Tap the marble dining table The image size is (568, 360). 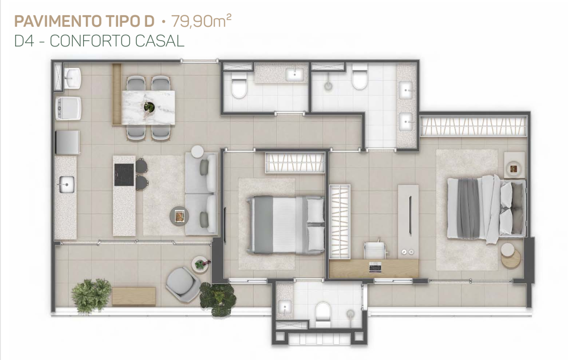[x=148, y=107]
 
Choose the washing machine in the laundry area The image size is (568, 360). [x=68, y=109]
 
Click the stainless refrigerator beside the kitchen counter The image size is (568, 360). [x=67, y=142]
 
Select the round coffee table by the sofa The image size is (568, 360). [x=179, y=216]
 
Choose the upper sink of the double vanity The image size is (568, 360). [x=407, y=90]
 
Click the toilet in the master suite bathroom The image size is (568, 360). [x=360, y=79]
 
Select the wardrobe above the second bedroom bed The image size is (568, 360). [x=295, y=162]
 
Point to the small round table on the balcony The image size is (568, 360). [x=201, y=264]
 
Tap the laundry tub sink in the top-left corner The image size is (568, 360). [x=72, y=78]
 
